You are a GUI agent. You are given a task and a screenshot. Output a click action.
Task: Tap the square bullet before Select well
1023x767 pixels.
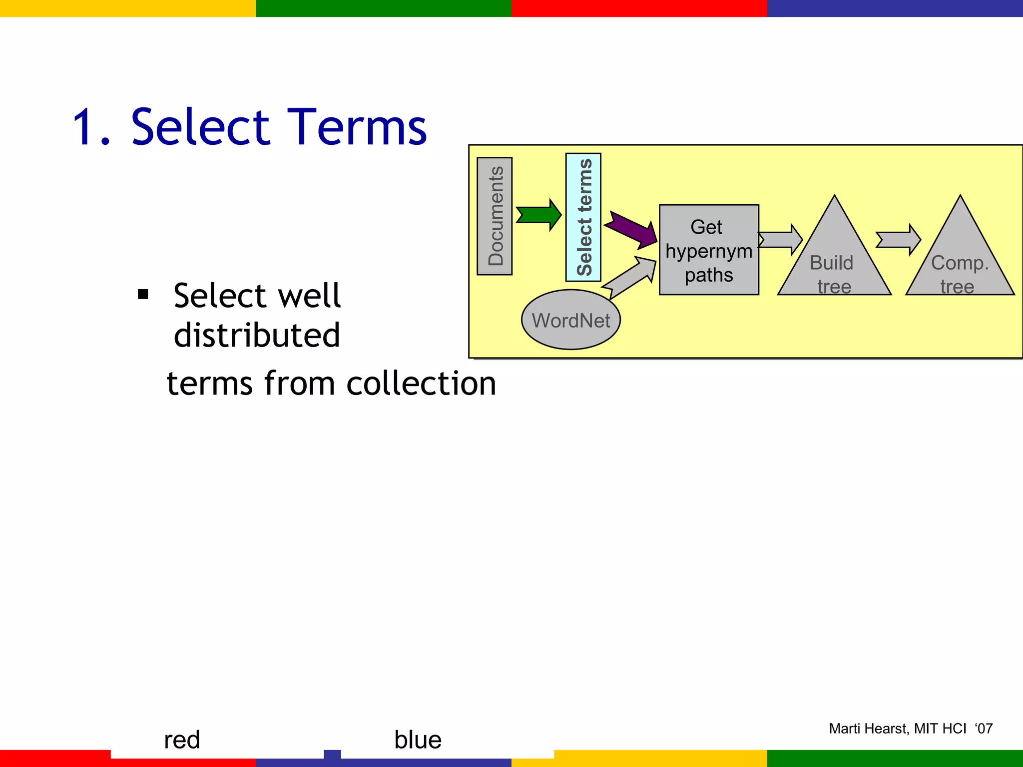point(143,295)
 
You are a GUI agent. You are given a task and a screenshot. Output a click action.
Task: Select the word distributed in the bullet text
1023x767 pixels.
point(257,335)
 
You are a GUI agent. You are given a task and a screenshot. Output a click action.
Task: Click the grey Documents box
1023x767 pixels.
point(495,216)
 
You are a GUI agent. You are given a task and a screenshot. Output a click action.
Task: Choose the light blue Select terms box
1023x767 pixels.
point(583,217)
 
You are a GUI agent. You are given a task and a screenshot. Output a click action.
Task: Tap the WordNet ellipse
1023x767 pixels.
point(570,320)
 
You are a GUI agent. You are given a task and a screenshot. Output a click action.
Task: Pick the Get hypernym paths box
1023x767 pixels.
point(708,250)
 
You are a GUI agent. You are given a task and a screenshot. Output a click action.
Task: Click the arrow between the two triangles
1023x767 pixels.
point(898,240)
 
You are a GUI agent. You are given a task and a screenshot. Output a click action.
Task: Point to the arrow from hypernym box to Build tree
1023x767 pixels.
point(780,240)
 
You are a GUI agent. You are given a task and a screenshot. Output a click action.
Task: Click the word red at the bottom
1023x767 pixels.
point(182,740)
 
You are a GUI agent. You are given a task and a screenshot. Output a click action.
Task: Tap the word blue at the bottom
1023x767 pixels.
point(418,740)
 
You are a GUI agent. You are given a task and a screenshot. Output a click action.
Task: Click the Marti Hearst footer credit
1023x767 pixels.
point(910,729)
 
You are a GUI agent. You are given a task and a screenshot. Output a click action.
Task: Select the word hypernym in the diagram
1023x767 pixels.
point(708,251)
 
